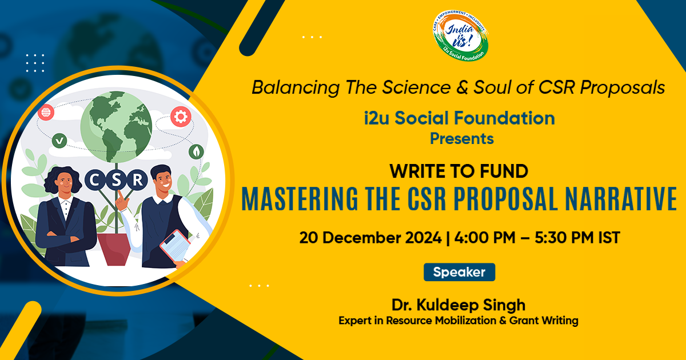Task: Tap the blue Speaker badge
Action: [459, 273]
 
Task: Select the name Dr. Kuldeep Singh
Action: [458, 303]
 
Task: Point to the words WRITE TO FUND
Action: [458, 170]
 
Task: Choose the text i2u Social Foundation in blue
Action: [458, 118]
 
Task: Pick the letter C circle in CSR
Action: [95, 181]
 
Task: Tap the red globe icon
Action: [46, 112]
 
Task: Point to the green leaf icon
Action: [197, 151]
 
